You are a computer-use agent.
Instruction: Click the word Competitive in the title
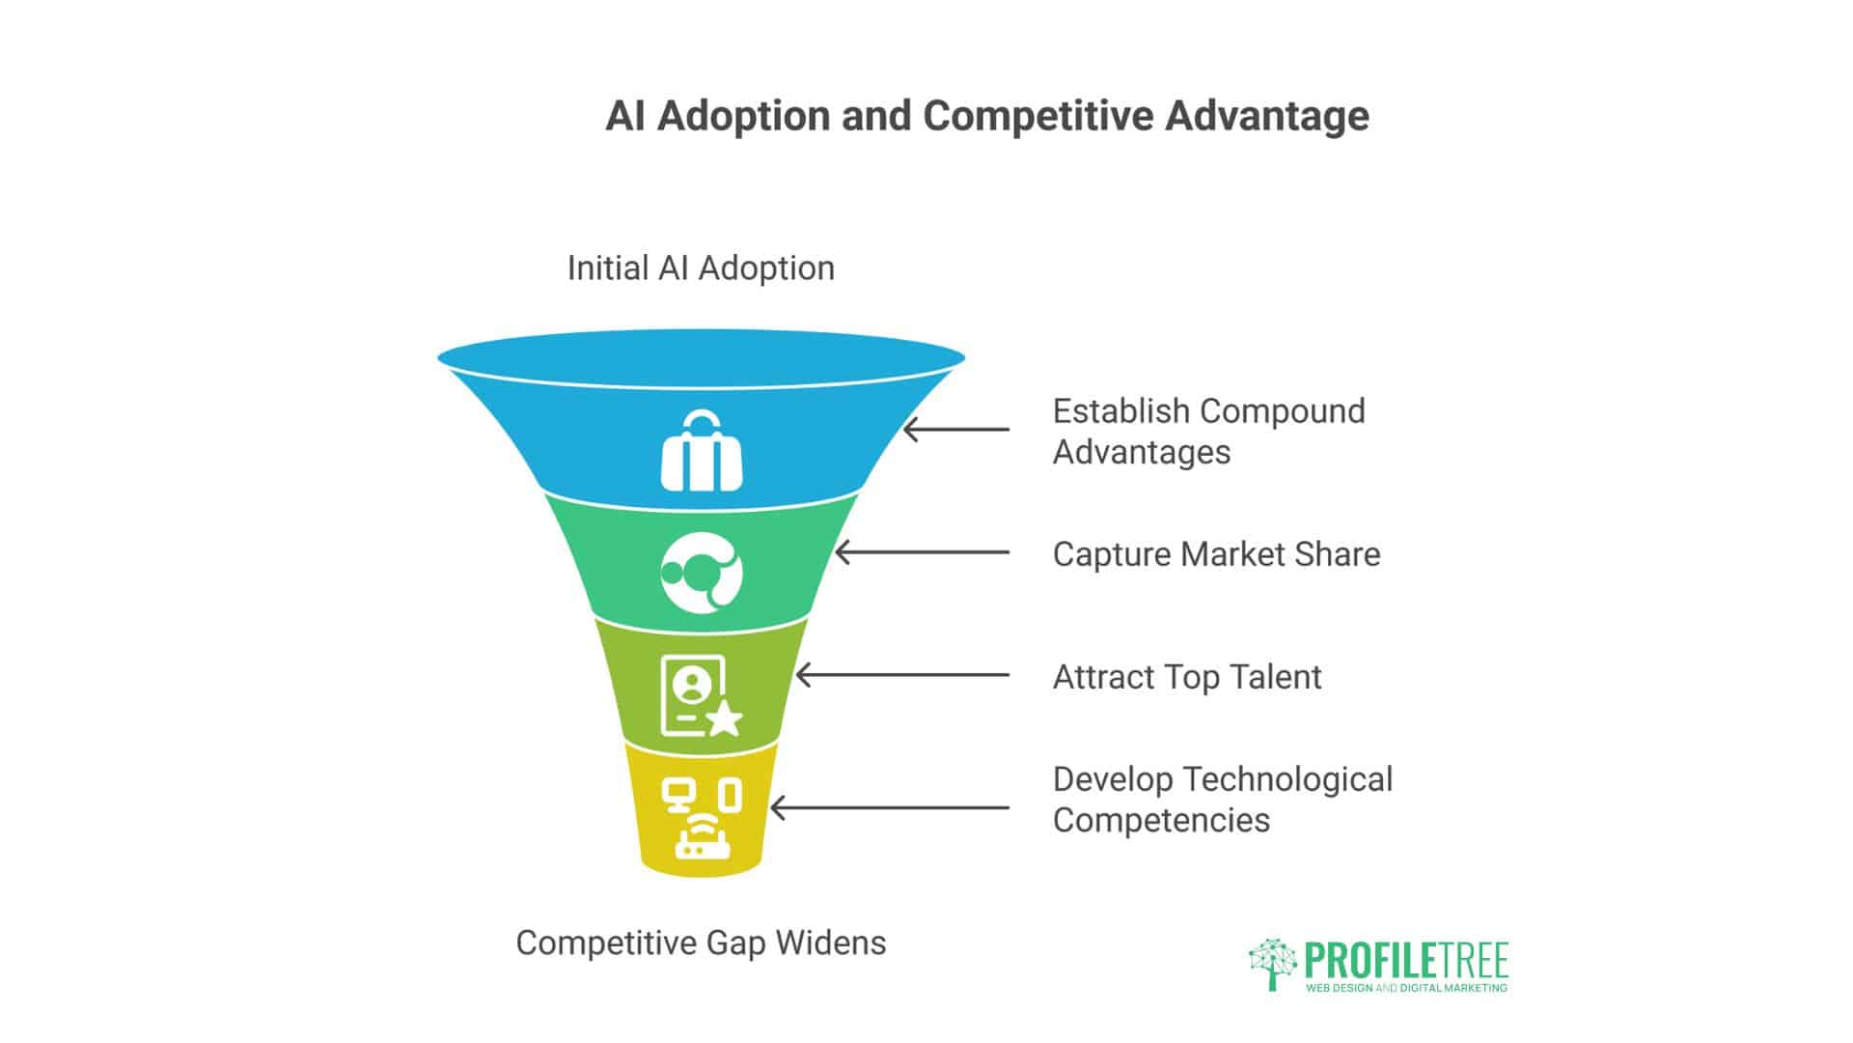[1037, 116]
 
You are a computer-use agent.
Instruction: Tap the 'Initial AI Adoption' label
[701, 268]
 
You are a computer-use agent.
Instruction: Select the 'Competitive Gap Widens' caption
[701, 943]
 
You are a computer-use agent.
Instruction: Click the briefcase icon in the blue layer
[702, 451]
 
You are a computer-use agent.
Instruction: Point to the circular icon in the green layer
[702, 573]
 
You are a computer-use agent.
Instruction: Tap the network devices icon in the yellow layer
[702, 819]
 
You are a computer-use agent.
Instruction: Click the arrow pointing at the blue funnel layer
[955, 430]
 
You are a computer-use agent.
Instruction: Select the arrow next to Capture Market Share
[922, 553]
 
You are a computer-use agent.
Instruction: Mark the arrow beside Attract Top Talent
[902, 676]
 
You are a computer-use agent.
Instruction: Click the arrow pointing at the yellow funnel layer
[889, 808]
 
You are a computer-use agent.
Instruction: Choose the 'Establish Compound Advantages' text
[1207, 432]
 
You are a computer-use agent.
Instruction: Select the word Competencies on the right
[1161, 820]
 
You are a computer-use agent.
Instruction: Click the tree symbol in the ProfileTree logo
[1272, 964]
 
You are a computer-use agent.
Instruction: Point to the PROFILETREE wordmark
[1405, 961]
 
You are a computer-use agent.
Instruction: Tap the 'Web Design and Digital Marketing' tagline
[1405, 988]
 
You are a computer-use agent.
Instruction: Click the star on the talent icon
[725, 719]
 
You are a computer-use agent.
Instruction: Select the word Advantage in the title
[1266, 116]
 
